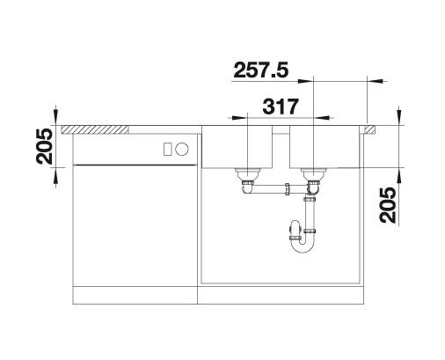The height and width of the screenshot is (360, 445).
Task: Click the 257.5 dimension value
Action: [261, 70]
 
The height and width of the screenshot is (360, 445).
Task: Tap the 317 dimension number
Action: [281, 107]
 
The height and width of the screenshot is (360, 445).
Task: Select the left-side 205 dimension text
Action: [44, 146]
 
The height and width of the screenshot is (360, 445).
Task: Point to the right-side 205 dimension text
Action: [388, 205]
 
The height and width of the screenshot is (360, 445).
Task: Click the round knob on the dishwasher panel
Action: [182, 149]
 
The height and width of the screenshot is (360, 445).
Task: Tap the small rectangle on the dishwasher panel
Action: [168, 149]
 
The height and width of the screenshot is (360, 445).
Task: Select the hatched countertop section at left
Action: [95, 129]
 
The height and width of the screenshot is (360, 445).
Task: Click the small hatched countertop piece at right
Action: [370, 129]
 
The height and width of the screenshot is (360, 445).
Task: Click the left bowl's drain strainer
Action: [248, 173]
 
